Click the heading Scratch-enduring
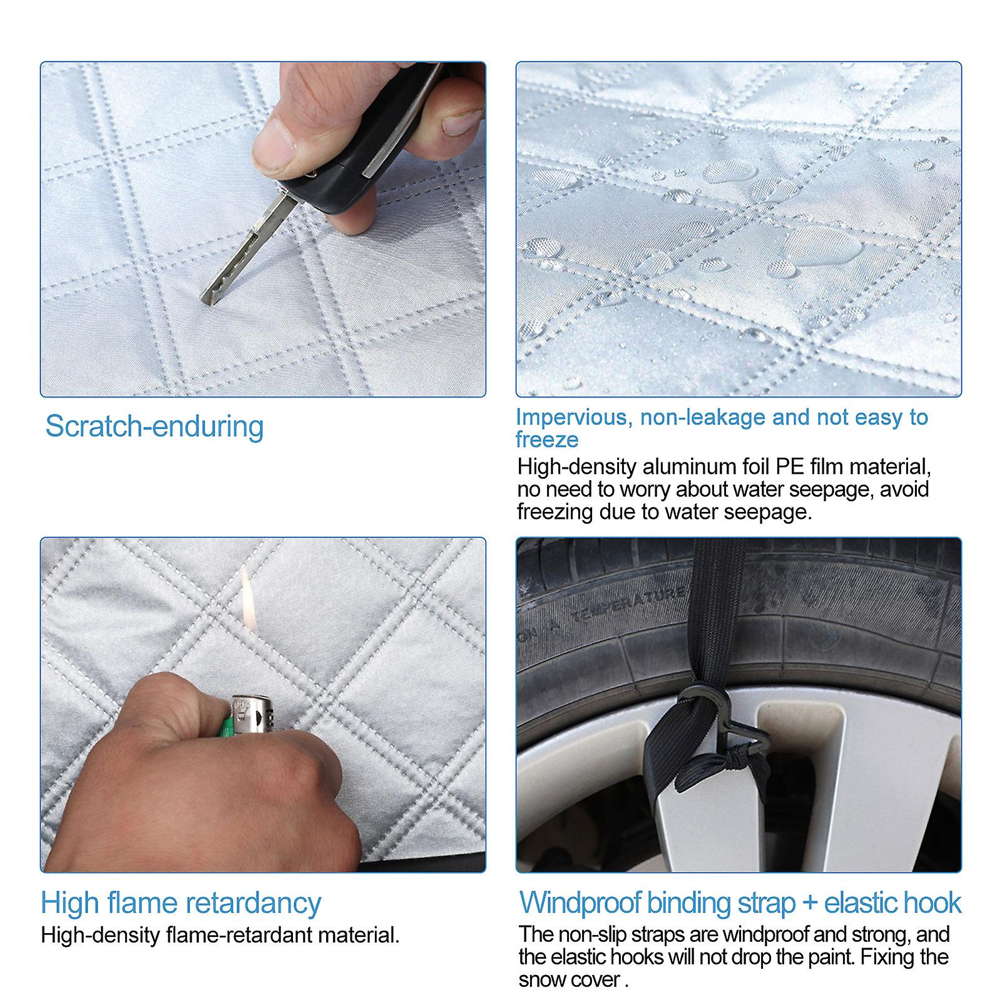(x=155, y=427)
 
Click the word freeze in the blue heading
(x=547, y=440)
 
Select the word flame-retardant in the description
(x=238, y=935)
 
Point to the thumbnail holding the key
(x=461, y=123)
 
